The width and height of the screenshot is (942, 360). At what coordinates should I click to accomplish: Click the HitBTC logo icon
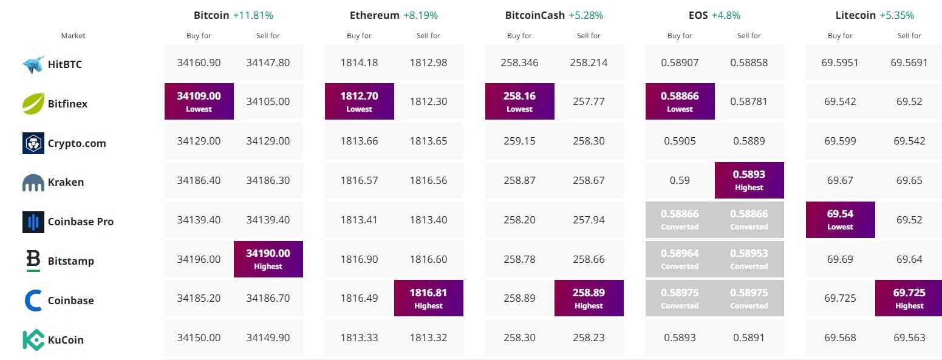click(x=33, y=64)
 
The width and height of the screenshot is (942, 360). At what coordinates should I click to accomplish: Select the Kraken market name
click(x=66, y=182)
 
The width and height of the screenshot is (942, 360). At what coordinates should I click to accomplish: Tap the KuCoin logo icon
click(x=33, y=340)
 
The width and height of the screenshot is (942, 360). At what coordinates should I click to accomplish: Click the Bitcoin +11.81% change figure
click(x=252, y=15)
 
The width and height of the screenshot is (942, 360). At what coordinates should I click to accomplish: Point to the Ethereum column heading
click(x=375, y=15)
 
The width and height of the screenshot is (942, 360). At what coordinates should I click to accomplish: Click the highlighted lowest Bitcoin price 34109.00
click(x=199, y=101)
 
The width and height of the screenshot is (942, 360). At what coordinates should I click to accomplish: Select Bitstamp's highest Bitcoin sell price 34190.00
click(x=268, y=259)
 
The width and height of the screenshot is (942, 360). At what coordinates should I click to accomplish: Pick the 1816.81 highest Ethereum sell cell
click(x=428, y=297)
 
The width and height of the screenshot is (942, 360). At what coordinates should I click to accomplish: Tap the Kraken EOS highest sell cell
click(x=749, y=180)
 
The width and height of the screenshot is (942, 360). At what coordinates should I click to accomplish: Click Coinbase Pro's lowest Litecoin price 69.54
click(x=840, y=219)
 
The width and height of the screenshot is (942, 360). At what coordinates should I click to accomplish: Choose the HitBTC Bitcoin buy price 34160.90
click(x=199, y=63)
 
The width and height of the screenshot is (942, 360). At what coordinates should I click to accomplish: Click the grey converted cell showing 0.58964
click(x=680, y=259)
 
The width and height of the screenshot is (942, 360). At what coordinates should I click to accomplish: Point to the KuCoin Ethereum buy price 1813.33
click(x=359, y=338)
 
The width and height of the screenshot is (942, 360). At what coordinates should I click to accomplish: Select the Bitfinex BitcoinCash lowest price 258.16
click(x=519, y=101)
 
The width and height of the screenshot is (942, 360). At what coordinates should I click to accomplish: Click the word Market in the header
click(x=73, y=36)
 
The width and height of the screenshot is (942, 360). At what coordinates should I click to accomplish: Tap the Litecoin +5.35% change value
click(x=896, y=15)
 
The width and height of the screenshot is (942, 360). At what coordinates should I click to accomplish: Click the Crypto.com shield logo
click(x=33, y=143)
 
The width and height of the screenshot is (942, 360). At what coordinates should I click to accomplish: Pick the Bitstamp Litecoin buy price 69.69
click(x=840, y=259)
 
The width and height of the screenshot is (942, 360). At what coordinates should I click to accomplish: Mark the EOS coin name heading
click(x=698, y=15)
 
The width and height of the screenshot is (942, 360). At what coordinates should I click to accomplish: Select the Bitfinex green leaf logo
click(x=33, y=104)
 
